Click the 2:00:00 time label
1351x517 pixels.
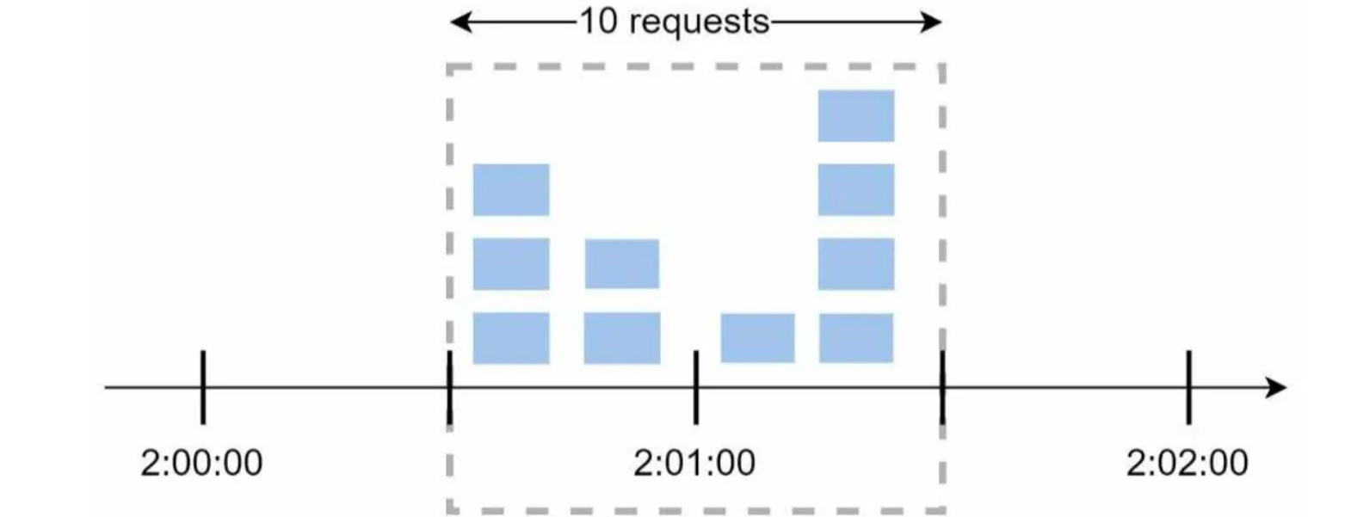point(201,463)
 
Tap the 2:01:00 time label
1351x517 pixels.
point(694,463)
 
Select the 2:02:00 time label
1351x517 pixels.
point(1188,463)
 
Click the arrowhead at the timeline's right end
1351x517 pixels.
point(1277,387)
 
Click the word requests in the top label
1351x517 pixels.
point(699,22)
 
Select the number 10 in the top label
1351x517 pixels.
point(598,22)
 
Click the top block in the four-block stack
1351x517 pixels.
point(856,115)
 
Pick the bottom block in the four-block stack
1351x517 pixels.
point(856,338)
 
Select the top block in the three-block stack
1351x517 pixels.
point(511,189)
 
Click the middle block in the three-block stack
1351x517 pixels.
point(511,264)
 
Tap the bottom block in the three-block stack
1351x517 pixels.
point(511,338)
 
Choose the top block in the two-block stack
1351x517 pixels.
point(622,264)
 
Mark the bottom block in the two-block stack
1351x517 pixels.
point(622,338)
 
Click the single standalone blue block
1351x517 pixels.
point(757,338)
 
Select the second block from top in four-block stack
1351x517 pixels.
point(856,189)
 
